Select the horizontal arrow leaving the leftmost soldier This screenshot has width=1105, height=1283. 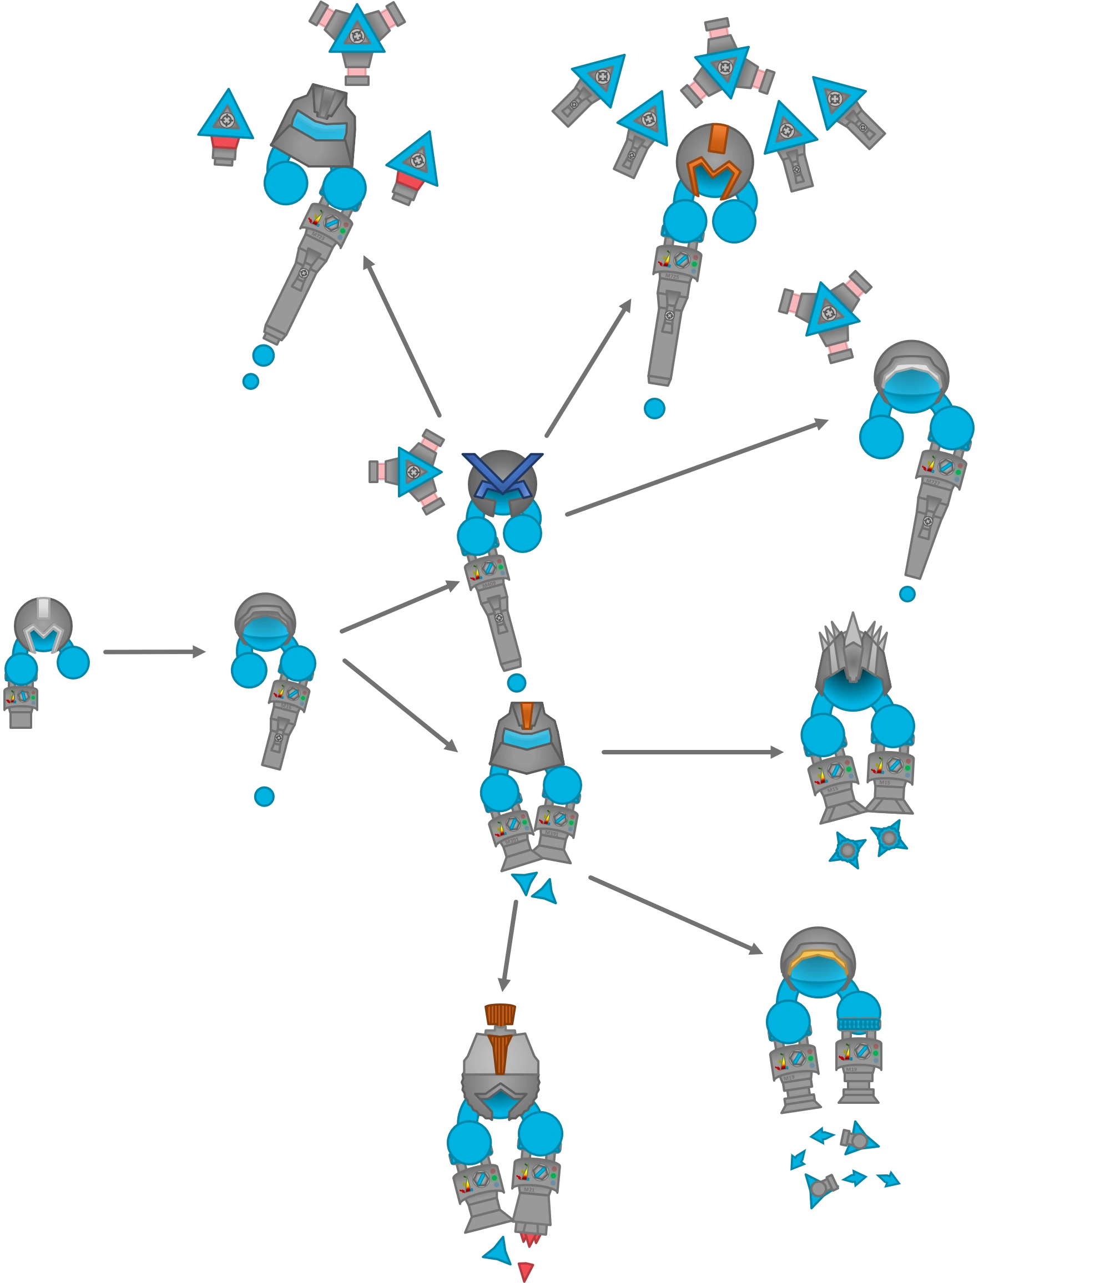pyautogui.click(x=155, y=652)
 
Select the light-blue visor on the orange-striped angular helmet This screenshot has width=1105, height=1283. pyautogui.click(x=526, y=738)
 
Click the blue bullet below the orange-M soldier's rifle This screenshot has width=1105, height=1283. pyautogui.click(x=655, y=409)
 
